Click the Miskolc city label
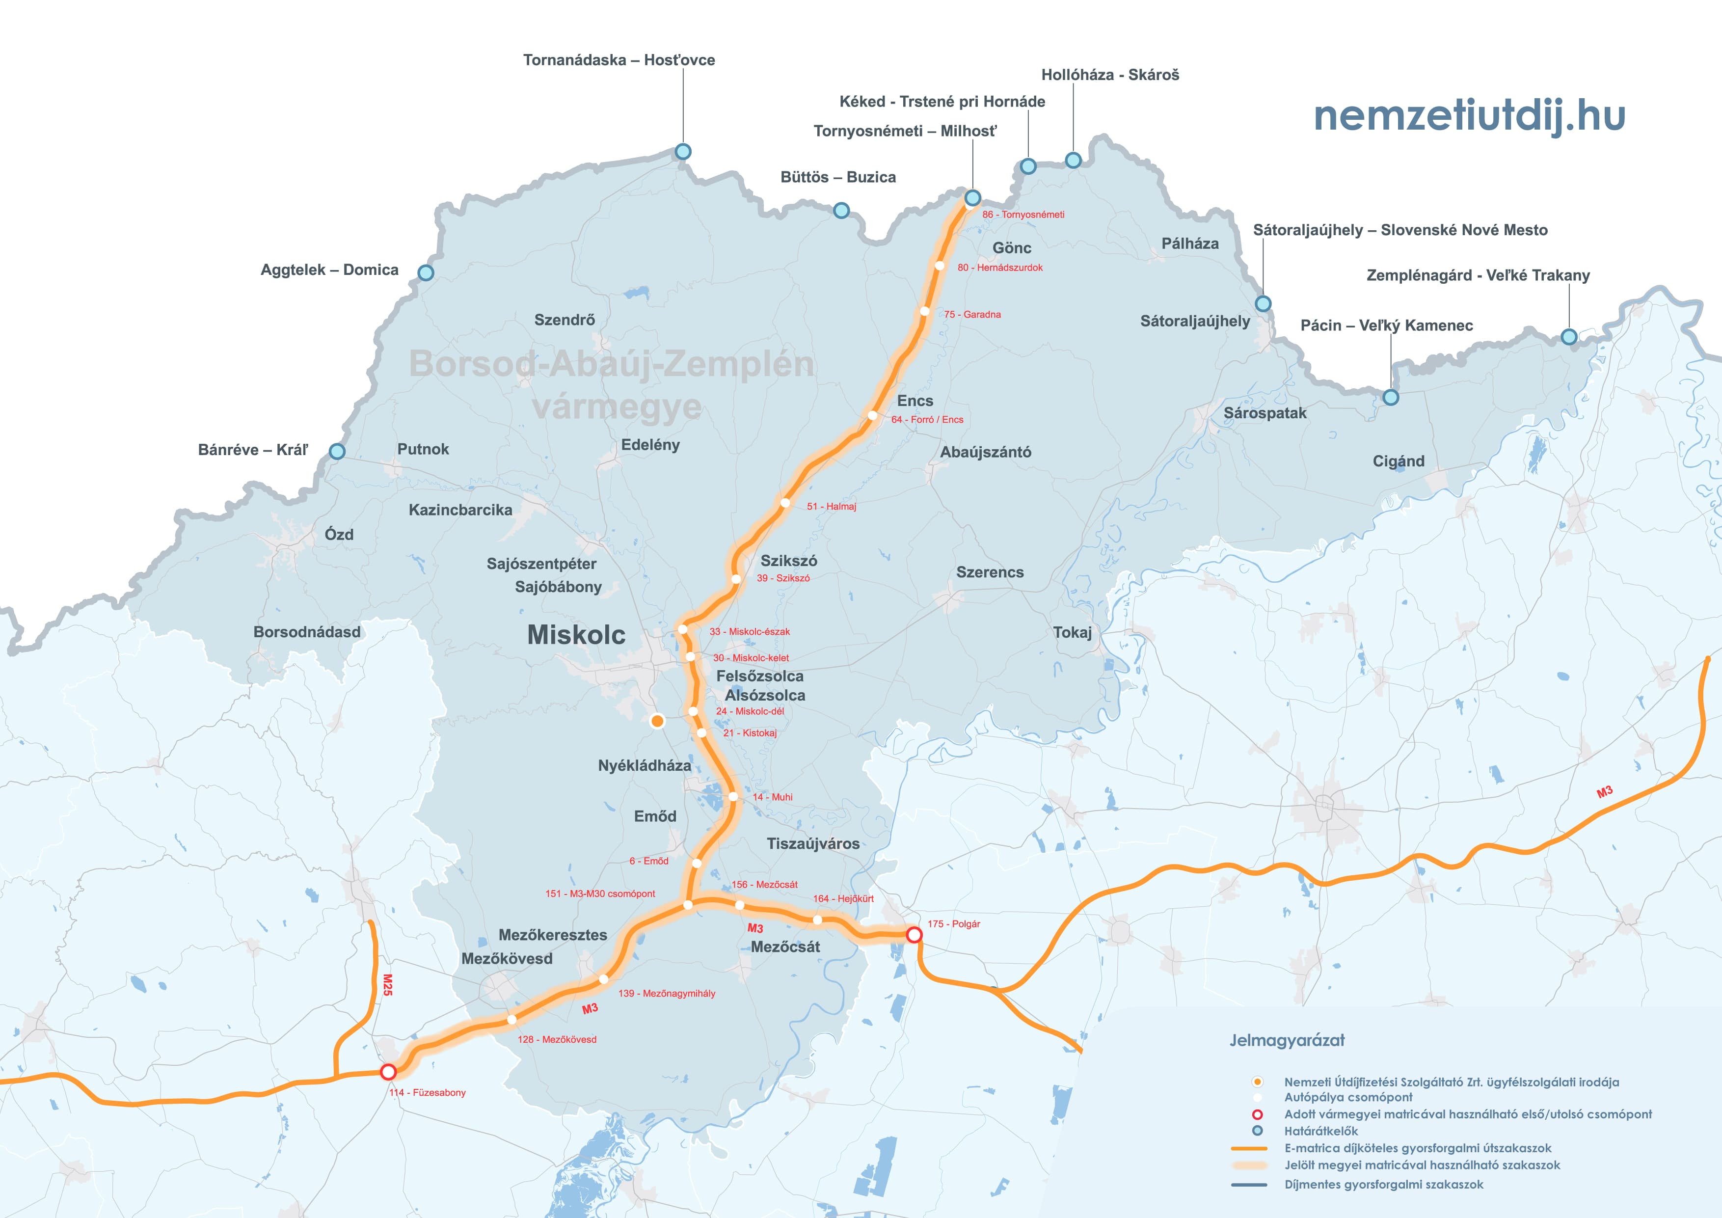(x=576, y=634)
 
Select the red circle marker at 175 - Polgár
(x=914, y=935)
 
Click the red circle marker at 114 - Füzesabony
(x=388, y=1072)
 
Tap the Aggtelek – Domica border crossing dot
(x=425, y=272)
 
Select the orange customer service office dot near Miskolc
(x=657, y=721)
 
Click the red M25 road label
(x=387, y=985)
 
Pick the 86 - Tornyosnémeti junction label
(x=1023, y=215)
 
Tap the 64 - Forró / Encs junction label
(x=927, y=419)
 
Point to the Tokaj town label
(x=1073, y=632)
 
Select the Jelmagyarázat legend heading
(x=1287, y=1040)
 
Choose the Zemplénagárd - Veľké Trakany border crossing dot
(x=1569, y=337)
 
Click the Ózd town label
(x=339, y=535)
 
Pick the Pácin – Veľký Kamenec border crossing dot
(x=1391, y=398)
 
